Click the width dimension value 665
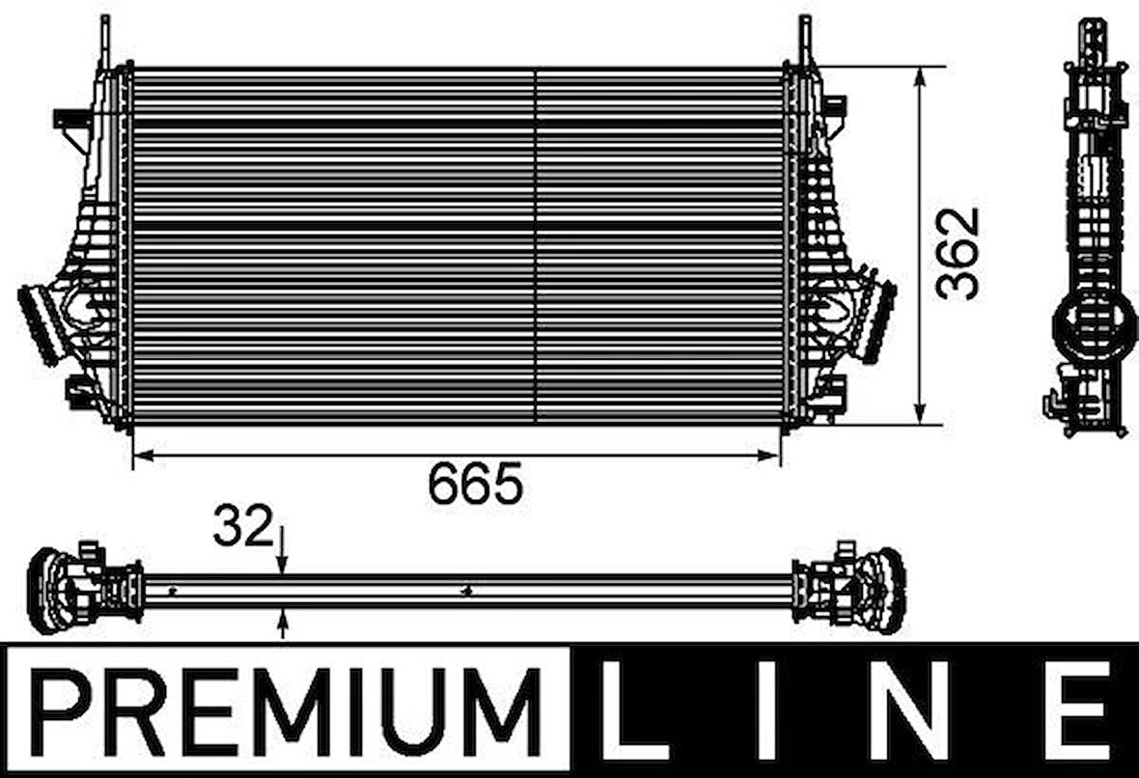pyautogui.click(x=475, y=484)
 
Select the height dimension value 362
pyautogui.click(x=960, y=253)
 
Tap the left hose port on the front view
pyautogui.click(x=41, y=324)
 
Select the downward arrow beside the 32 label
pyautogui.click(x=282, y=563)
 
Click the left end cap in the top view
pyautogui.click(x=48, y=589)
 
